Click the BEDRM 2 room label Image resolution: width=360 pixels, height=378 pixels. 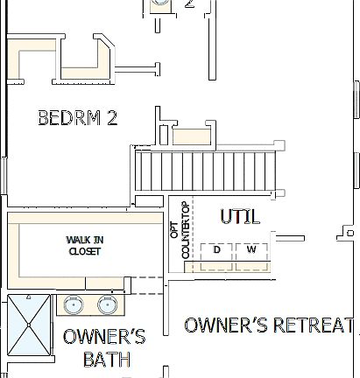77,118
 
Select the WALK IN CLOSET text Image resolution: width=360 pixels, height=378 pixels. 84,245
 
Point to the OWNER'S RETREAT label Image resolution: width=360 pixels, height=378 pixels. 269,325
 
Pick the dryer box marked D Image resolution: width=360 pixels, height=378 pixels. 216,250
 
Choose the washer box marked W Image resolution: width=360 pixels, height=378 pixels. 251,250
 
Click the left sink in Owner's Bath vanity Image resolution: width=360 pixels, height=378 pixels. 72,305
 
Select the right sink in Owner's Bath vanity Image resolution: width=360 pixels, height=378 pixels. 109,305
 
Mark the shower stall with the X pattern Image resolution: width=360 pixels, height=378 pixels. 30,325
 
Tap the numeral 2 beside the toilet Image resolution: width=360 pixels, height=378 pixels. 188,4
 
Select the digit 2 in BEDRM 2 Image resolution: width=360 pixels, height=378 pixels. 111,118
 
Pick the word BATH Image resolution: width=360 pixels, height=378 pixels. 106,359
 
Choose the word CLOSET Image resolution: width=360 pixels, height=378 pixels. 85,251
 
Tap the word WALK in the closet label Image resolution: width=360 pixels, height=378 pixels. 76,240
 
